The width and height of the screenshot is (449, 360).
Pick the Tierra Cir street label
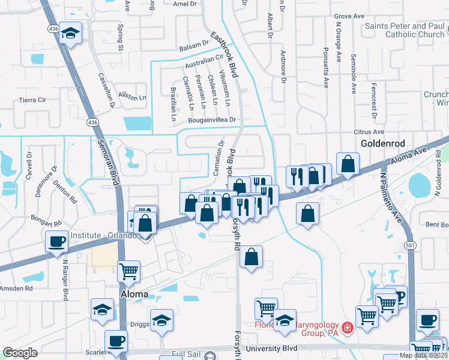32,100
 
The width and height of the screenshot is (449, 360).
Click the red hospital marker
348,329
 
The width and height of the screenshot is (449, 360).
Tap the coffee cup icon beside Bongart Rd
57,242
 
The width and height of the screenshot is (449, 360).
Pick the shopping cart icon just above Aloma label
128,272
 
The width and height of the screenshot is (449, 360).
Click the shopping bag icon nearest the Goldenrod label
348,164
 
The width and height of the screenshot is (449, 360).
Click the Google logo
20,353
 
